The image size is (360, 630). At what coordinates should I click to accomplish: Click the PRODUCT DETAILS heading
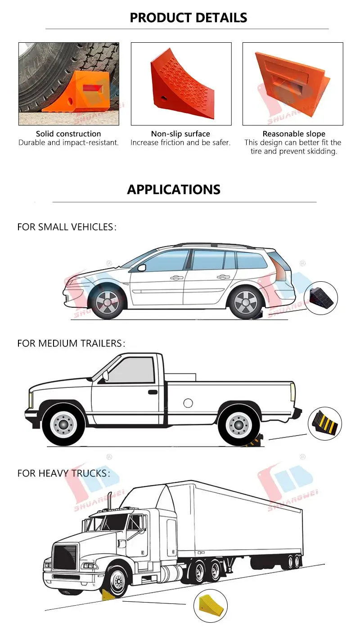[x=188, y=18]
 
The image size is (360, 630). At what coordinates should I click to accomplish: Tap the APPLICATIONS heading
[x=174, y=189]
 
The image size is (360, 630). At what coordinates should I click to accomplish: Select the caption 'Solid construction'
[x=68, y=134]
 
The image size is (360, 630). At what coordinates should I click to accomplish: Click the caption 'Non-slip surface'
[x=180, y=134]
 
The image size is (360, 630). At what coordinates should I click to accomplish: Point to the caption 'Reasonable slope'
[x=294, y=134]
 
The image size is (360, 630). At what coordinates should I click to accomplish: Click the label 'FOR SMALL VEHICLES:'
[x=67, y=227]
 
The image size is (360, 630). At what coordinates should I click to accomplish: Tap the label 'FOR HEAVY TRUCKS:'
[x=63, y=473]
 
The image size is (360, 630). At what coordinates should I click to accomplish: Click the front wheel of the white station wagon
[x=107, y=302]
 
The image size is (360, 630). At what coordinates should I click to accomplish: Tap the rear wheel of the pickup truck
[x=238, y=425]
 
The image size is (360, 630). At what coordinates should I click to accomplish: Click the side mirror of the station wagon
[x=142, y=268]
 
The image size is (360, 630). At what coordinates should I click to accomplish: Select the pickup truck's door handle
[x=153, y=392]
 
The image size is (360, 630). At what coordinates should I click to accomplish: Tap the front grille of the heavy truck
[x=65, y=556]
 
